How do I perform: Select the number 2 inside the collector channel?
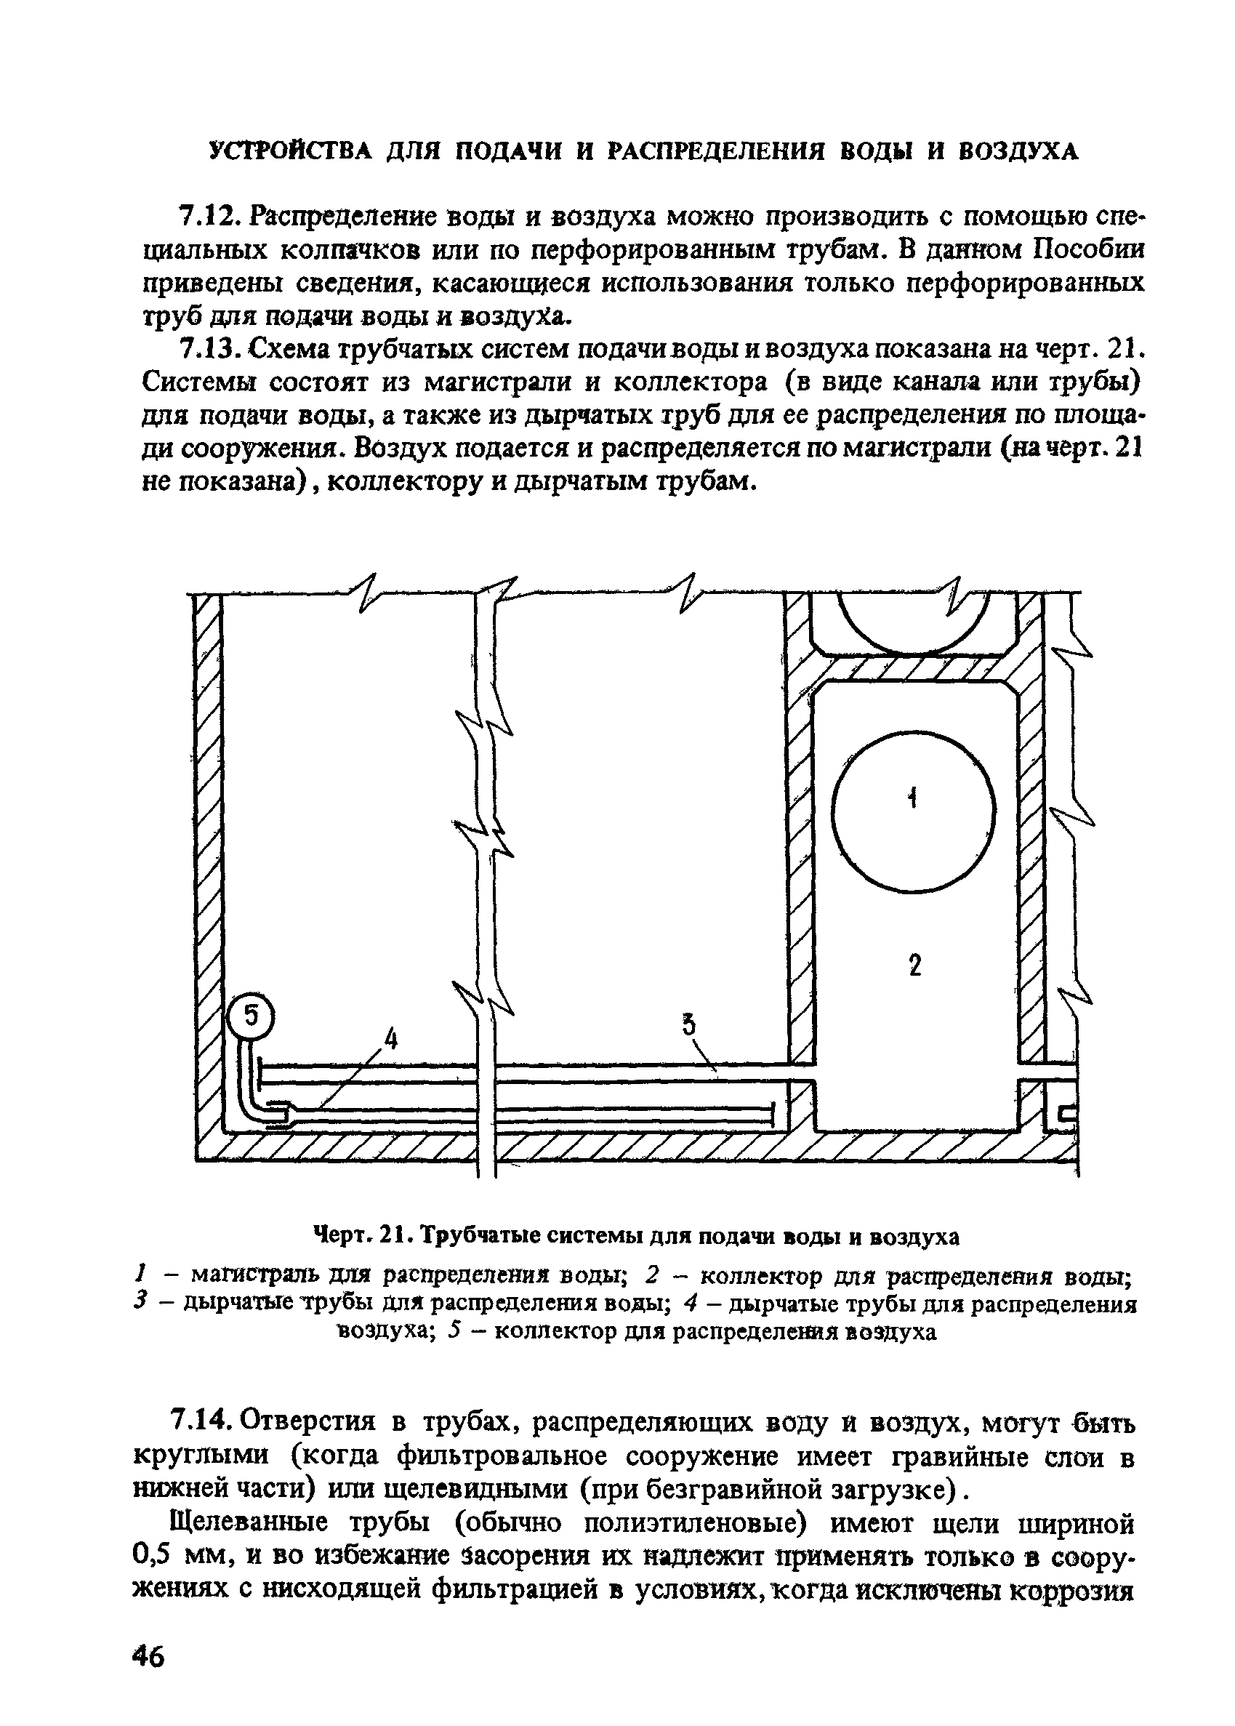pyautogui.click(x=915, y=966)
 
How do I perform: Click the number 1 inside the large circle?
pyautogui.click(x=913, y=798)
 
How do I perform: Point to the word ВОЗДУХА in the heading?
pyautogui.click(x=1018, y=151)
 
